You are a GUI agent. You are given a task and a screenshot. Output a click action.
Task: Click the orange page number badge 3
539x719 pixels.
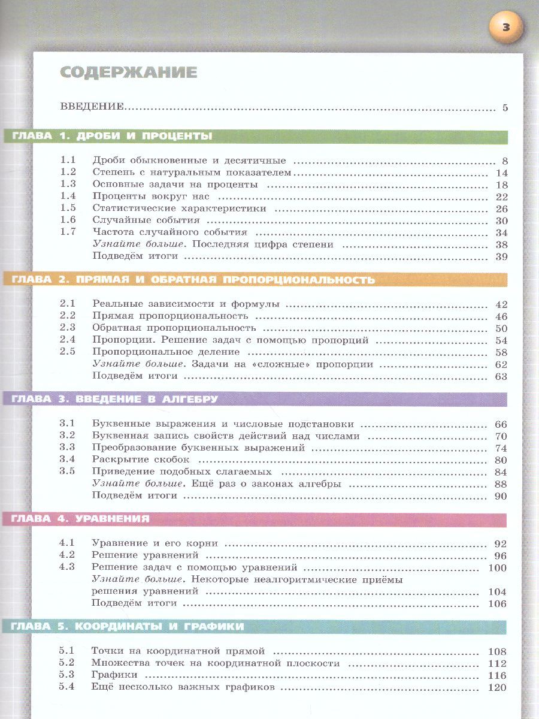[506, 27]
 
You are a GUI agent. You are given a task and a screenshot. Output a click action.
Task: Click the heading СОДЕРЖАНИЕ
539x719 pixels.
[129, 73]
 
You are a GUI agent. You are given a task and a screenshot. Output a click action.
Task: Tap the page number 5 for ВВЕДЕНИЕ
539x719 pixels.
[505, 108]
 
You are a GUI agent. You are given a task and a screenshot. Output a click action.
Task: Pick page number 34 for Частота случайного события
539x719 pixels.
[501, 232]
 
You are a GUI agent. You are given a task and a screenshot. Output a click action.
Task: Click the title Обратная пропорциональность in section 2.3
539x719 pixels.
[174, 328]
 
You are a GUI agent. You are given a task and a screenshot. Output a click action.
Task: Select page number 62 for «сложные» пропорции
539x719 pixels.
[501, 364]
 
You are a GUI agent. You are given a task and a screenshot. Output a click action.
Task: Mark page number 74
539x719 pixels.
[501, 448]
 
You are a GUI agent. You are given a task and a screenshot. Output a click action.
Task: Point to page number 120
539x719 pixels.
[497, 687]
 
